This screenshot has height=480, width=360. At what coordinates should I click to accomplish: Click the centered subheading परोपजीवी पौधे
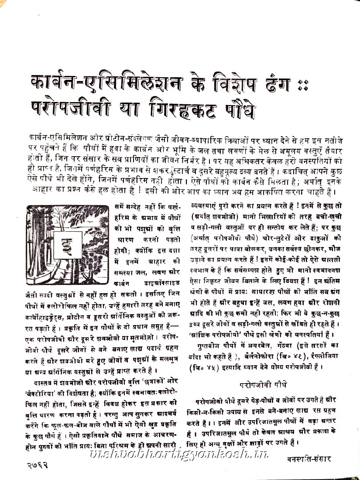261,386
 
